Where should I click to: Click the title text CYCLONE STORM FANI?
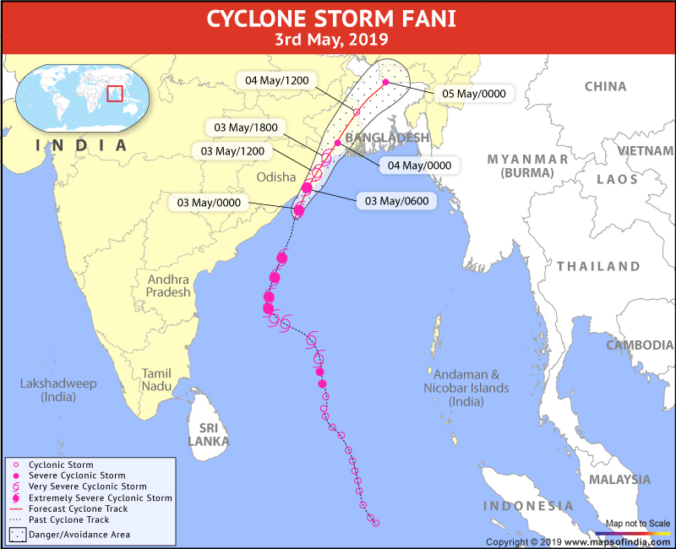[x=337, y=18]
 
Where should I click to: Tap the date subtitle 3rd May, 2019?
[x=337, y=39]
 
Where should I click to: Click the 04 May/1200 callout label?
[x=276, y=80]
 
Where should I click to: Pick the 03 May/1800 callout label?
[x=244, y=128]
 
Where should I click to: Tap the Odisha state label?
[x=275, y=177]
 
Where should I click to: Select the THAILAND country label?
[x=598, y=266]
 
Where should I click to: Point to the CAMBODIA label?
[x=639, y=345]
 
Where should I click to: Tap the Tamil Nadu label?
[x=156, y=379]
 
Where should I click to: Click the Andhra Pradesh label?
[x=169, y=285]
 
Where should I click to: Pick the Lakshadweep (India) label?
[x=58, y=390]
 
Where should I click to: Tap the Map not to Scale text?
[x=638, y=524]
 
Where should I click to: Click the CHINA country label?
[x=606, y=86]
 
